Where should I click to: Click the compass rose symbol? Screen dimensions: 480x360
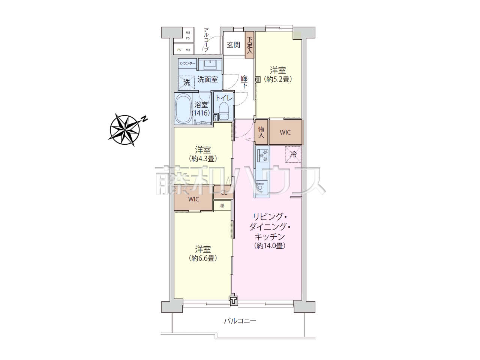(x=124, y=130)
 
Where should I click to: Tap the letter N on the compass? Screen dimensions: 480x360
(x=144, y=119)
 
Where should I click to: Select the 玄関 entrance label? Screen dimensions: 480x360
(x=233, y=45)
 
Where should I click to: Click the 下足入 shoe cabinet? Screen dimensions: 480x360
(x=249, y=45)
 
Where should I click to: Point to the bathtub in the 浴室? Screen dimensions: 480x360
(x=184, y=109)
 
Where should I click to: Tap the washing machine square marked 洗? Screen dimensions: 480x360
(x=186, y=82)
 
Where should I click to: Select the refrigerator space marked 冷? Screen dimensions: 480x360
(x=293, y=154)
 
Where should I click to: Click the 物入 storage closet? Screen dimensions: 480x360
(x=261, y=132)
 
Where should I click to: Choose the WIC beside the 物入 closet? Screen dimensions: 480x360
(x=285, y=132)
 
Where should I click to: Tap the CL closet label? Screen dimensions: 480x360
(x=223, y=193)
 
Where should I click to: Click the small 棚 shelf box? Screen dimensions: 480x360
(x=222, y=205)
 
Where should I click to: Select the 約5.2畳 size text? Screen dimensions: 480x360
(x=278, y=79)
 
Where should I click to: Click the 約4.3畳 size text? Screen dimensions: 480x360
(x=203, y=159)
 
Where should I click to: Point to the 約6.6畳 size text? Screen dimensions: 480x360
(x=203, y=258)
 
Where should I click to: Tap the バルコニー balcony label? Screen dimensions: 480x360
(x=240, y=321)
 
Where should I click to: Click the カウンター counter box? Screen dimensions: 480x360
(x=187, y=63)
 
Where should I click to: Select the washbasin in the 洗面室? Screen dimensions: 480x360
(x=210, y=64)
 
